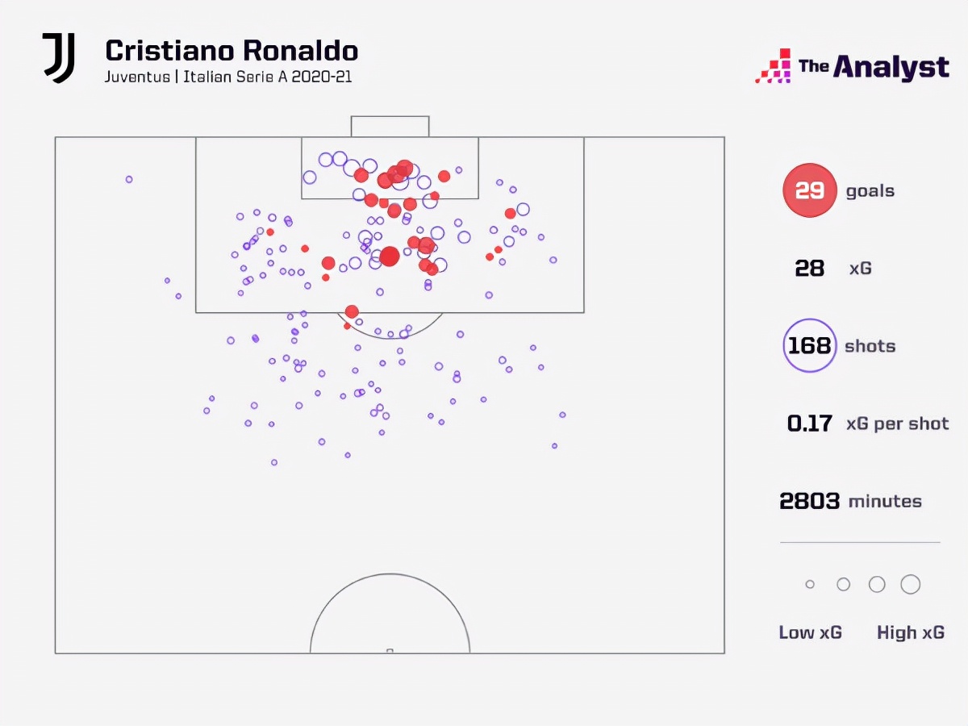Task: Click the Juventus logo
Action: [x=59, y=58]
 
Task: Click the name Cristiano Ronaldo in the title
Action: [x=232, y=51]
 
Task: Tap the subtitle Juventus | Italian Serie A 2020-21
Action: [x=228, y=77]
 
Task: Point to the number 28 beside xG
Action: [x=809, y=269]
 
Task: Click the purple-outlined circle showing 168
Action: [x=809, y=346]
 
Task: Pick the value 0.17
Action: [x=809, y=423]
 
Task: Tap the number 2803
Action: [x=809, y=501]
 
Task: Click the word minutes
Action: [x=885, y=501]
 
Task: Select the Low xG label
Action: [x=810, y=632]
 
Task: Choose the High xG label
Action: [x=910, y=632]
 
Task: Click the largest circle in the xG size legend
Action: [x=910, y=584]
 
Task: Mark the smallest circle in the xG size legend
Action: [x=810, y=584]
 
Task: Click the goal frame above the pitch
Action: [x=390, y=127]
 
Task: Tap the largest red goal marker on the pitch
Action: [x=390, y=257]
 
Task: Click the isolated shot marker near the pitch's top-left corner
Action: [x=129, y=179]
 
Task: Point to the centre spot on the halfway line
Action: [x=390, y=650]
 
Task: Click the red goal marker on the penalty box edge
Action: [x=352, y=311]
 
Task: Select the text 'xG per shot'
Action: [x=897, y=423]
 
